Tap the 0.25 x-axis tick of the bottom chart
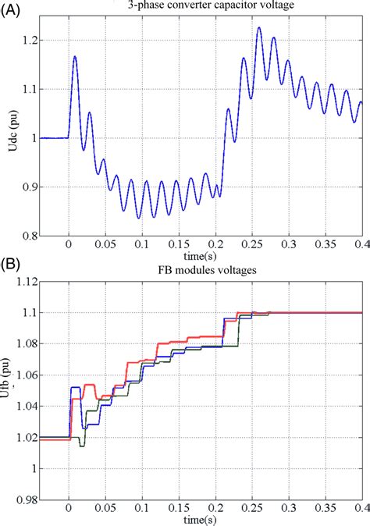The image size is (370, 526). coord(252,509)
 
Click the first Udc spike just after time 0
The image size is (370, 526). coord(76,56)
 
